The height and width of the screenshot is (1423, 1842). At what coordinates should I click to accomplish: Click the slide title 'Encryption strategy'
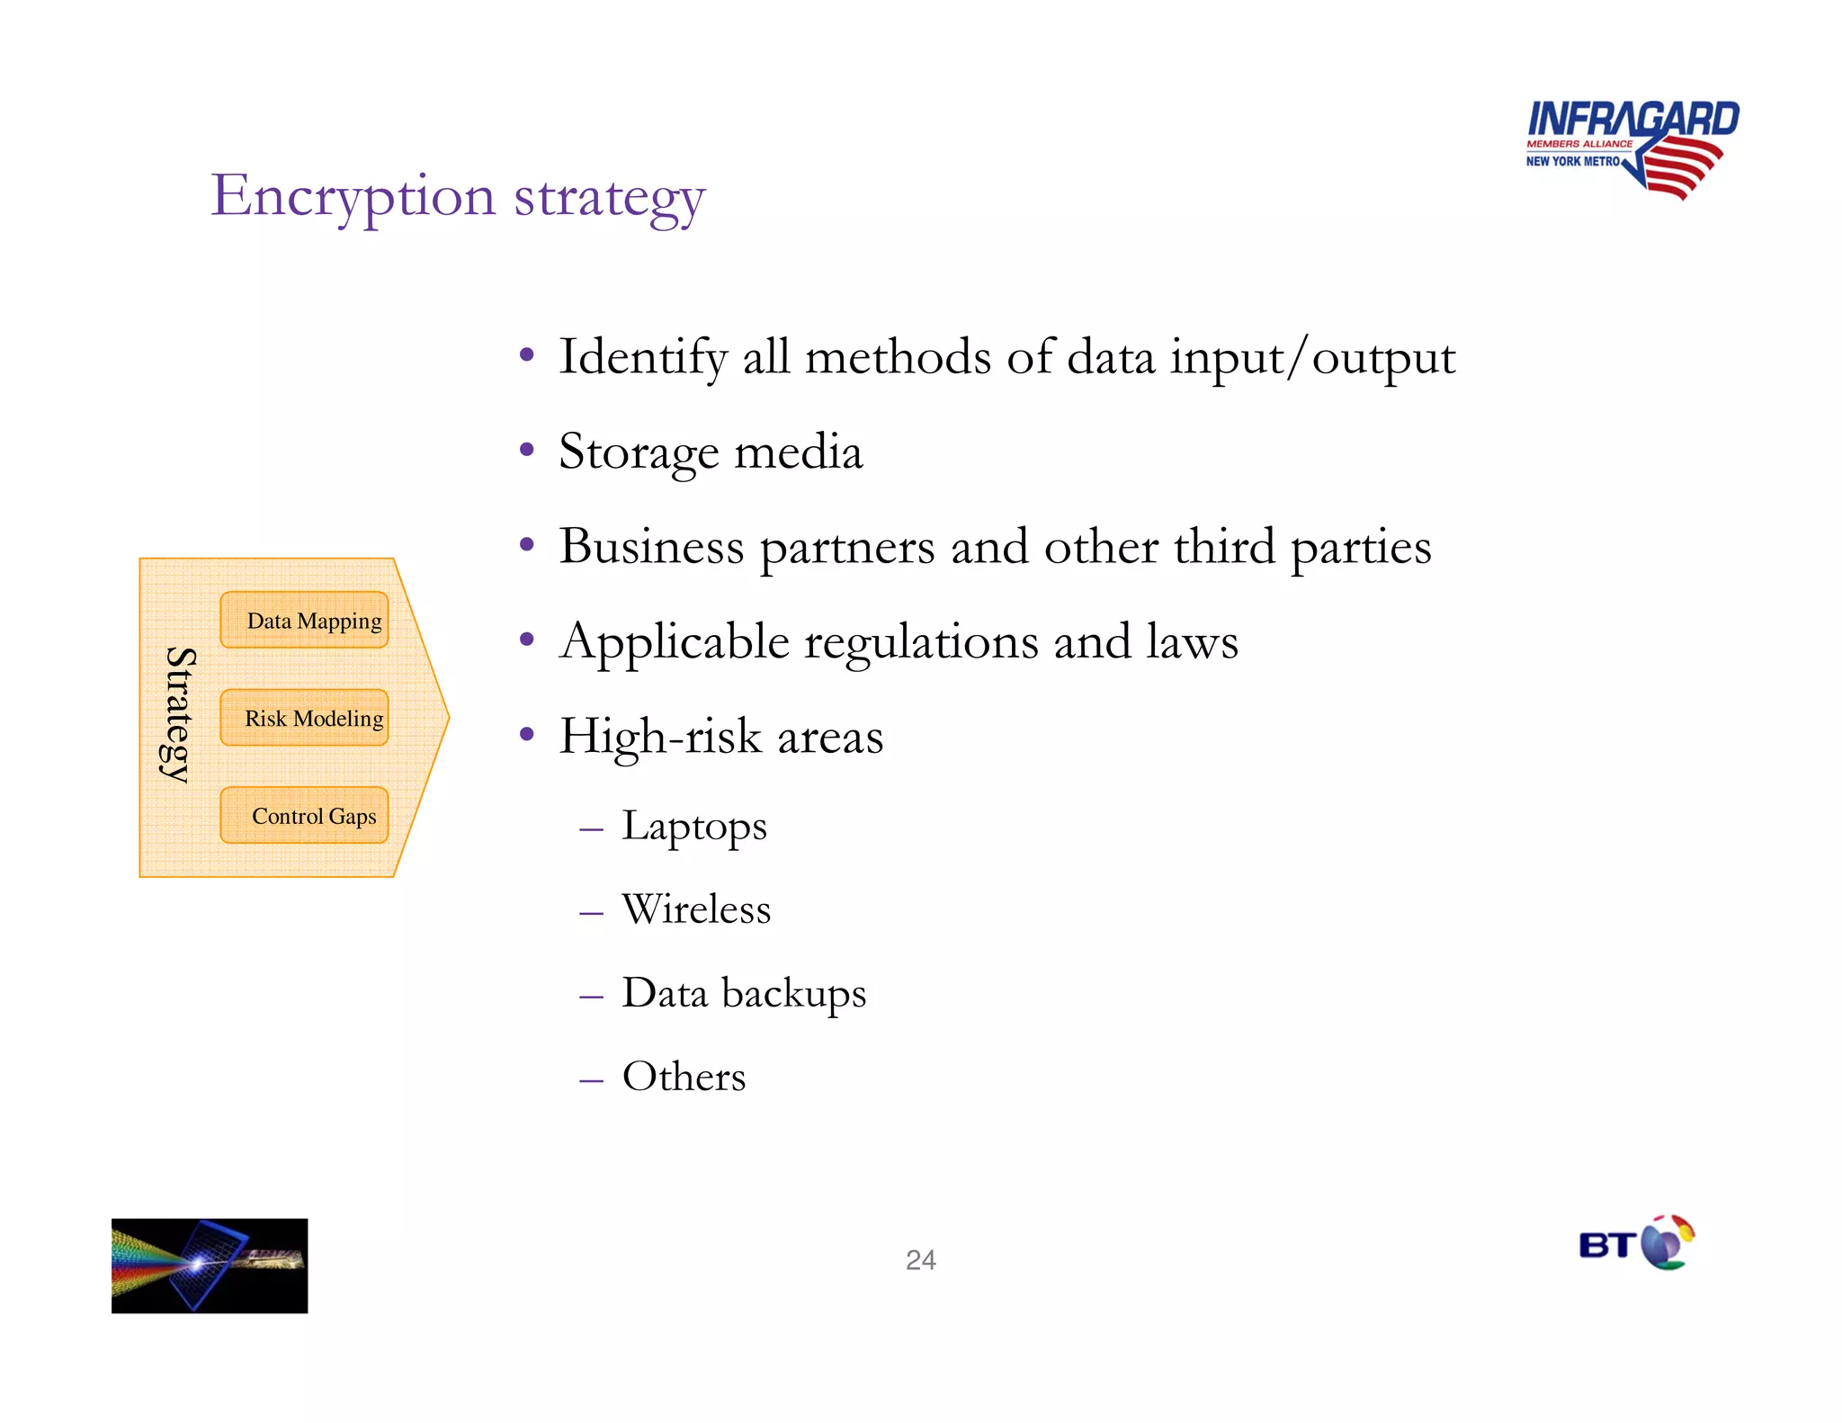[458, 196]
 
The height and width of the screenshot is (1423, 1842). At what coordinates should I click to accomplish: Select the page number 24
[920, 1259]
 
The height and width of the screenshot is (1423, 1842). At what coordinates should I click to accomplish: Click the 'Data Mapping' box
[304, 620]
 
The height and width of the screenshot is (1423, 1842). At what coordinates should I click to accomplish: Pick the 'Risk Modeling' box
[304, 718]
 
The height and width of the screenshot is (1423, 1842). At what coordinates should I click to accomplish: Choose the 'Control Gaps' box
[304, 816]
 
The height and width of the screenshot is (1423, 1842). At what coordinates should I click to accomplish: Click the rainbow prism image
[210, 1265]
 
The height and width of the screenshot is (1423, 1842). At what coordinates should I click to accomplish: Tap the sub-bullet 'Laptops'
[694, 826]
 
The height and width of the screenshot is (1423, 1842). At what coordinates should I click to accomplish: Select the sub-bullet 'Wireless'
[696, 908]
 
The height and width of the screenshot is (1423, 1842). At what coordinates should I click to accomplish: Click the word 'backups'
[793, 993]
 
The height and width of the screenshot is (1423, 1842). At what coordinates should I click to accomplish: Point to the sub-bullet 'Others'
[684, 1076]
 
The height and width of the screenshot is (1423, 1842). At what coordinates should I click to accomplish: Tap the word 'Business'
[651, 546]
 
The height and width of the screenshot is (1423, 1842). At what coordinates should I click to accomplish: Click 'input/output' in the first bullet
[1312, 357]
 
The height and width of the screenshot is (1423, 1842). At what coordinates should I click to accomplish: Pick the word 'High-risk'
[660, 737]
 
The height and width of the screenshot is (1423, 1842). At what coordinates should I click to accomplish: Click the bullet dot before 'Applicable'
[527, 640]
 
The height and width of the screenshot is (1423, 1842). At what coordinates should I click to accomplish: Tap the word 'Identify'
[642, 357]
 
